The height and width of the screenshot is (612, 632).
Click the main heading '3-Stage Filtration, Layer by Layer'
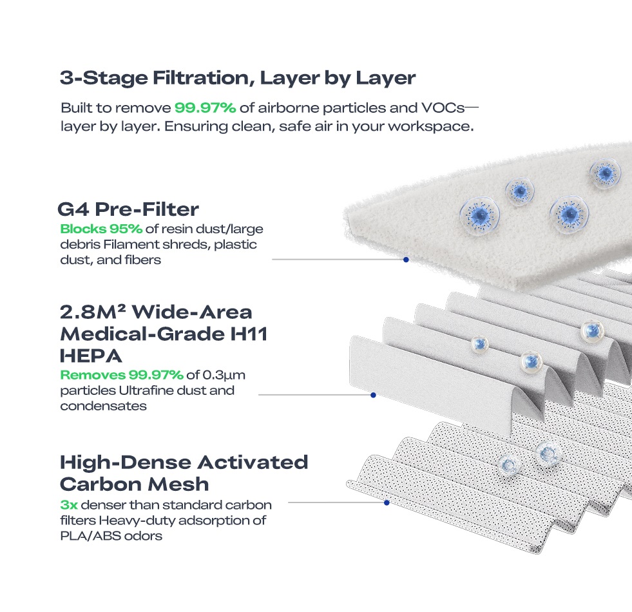click(x=238, y=78)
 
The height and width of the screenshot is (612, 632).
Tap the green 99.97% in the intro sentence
click(x=205, y=108)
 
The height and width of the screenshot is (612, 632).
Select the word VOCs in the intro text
click(x=443, y=108)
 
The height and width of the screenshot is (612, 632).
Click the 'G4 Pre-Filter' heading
click(x=128, y=209)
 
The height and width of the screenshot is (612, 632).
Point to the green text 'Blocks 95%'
click(x=101, y=229)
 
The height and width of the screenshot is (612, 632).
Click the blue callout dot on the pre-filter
click(x=406, y=260)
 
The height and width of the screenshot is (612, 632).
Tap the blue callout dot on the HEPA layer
click(x=373, y=395)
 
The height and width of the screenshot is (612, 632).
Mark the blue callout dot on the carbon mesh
click(x=387, y=502)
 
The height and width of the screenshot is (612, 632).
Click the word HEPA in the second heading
click(x=91, y=356)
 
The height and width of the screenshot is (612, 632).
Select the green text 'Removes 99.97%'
click(x=122, y=375)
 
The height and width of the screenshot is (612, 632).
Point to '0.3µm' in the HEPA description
click(x=224, y=376)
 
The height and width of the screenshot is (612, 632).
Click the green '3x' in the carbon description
click(x=69, y=505)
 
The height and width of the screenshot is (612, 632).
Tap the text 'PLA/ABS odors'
click(x=111, y=536)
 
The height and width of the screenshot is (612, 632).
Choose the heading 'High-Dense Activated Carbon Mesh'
click(x=184, y=473)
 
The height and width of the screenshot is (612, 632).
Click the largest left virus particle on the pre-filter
click(x=480, y=216)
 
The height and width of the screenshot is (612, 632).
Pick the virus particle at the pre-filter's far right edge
click(x=605, y=174)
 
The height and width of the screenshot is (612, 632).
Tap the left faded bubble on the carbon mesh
click(x=509, y=466)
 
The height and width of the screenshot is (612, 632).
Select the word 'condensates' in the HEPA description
click(x=103, y=406)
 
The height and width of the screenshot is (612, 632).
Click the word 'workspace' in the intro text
click(x=430, y=127)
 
